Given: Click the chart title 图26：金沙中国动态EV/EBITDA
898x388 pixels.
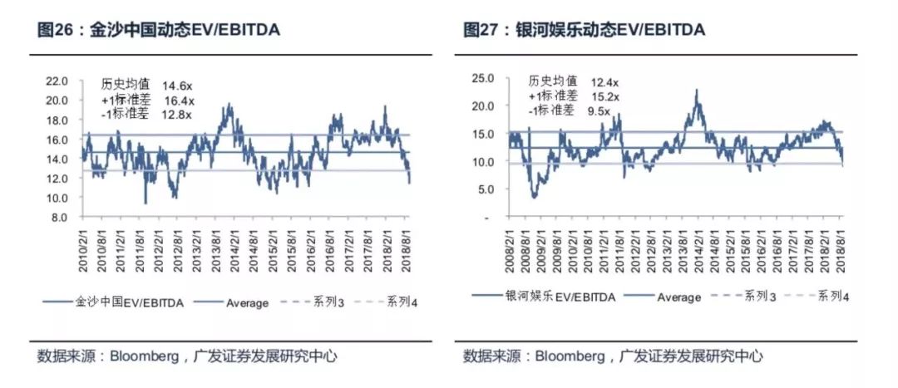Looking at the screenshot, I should click(158, 30).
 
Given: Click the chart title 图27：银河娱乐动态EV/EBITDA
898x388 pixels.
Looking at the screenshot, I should click(584, 30).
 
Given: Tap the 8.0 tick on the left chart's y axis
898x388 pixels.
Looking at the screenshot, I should click(58, 218).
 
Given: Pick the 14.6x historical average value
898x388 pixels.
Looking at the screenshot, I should click(178, 85).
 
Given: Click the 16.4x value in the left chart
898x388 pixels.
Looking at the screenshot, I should click(178, 101).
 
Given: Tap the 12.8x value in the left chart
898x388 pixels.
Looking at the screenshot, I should click(178, 115).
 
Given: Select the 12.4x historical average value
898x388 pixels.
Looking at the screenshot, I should click(604, 82).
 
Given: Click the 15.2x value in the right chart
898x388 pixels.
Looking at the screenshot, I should click(604, 96).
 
